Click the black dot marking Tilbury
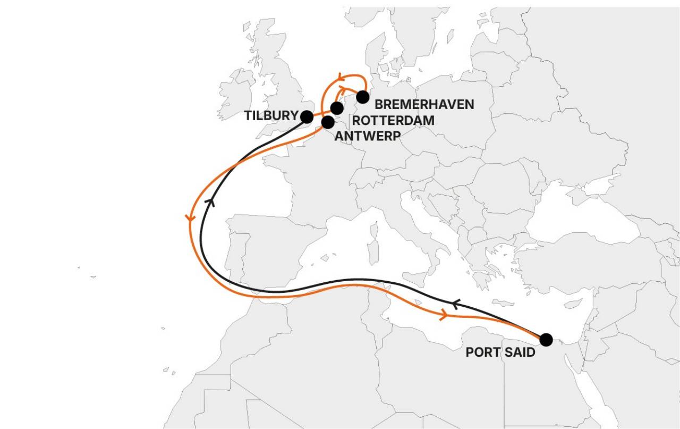[x=307, y=117]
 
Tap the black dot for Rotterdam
[x=337, y=108]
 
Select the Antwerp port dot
[x=328, y=122]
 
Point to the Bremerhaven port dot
[x=362, y=97]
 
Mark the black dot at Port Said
[x=546, y=339]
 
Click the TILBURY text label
[x=271, y=116]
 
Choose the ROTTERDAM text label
[x=393, y=121]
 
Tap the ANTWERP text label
[x=368, y=136]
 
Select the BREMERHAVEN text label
[x=424, y=104]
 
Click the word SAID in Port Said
[x=518, y=352]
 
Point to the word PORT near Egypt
[x=482, y=352]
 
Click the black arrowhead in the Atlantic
[x=211, y=201]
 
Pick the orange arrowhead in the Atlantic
[x=190, y=218]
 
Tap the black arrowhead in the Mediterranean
[x=454, y=304]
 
